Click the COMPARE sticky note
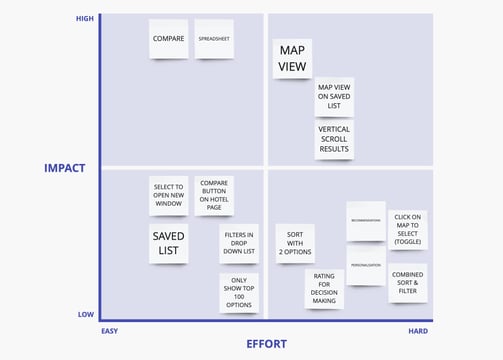(x=168, y=39)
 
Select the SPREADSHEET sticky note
(x=214, y=39)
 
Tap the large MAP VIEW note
(x=292, y=59)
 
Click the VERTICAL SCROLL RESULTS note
(x=334, y=140)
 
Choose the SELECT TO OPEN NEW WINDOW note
(x=168, y=195)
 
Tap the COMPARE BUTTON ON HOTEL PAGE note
(x=214, y=195)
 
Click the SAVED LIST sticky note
(x=168, y=243)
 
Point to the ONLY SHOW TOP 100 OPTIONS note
(x=238, y=292)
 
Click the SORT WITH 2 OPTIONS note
(x=294, y=243)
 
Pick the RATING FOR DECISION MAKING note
(x=324, y=289)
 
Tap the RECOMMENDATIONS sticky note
(x=366, y=221)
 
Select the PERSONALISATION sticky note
(x=366, y=265)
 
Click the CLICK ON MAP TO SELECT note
(x=408, y=228)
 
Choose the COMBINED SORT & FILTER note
(x=408, y=283)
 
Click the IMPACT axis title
(x=65, y=168)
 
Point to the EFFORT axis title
(x=266, y=344)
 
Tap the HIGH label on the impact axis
(x=85, y=19)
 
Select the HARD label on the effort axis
(x=420, y=330)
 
